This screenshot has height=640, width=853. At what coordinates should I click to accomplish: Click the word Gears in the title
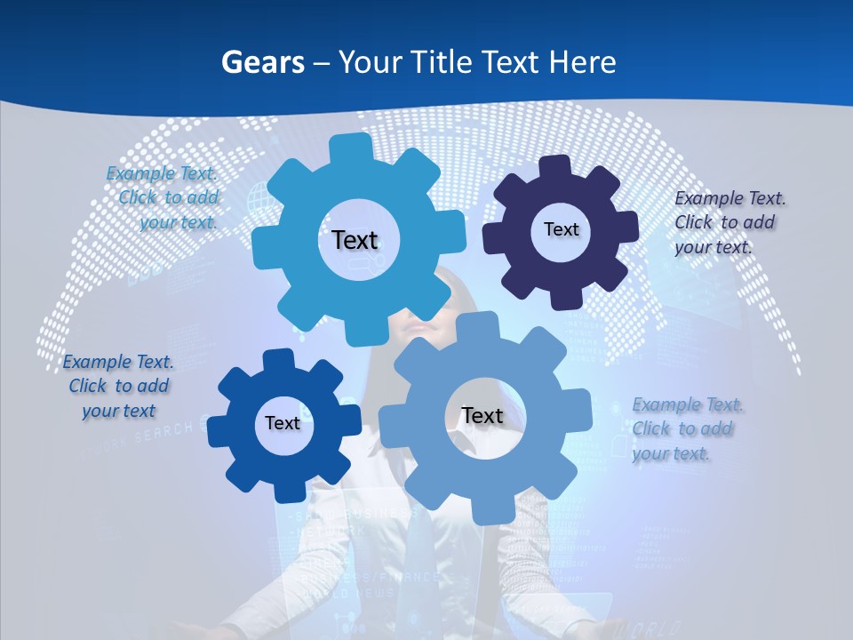pos(262,62)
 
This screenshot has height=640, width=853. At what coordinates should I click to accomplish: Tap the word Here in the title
pos(582,62)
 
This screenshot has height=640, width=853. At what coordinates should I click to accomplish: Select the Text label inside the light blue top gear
pos(355,240)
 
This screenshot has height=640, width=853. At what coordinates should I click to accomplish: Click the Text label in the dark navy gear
pos(561,229)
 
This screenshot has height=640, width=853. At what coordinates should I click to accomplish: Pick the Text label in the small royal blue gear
pos(283,423)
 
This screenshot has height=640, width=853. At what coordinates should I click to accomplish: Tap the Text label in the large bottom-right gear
pos(482,415)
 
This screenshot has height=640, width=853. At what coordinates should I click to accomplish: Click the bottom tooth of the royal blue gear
pos(287,491)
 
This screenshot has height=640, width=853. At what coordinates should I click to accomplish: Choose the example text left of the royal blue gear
pos(118,386)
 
